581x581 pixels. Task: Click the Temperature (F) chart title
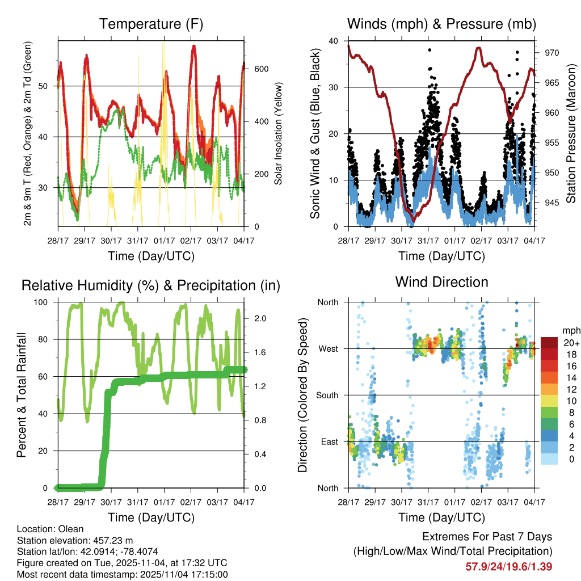point(151,24)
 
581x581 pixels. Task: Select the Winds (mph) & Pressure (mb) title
point(441,24)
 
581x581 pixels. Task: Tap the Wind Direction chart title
point(441,282)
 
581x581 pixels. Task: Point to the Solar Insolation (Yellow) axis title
point(278,133)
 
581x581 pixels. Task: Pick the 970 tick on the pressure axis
point(552,53)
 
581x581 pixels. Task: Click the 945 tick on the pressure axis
point(552,203)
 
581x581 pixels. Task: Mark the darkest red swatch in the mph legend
point(549,343)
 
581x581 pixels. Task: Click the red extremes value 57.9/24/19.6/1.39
point(508,566)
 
